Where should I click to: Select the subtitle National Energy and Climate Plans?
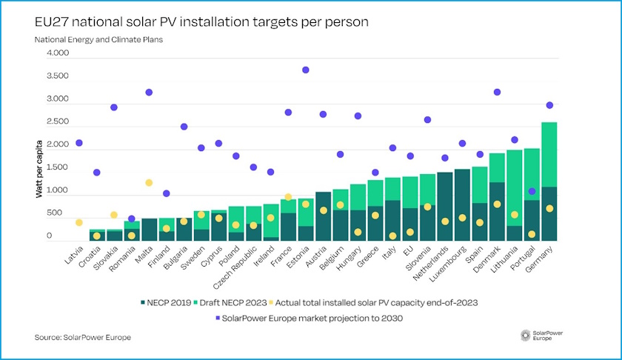[98, 40]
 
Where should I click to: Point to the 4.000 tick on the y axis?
[57, 53]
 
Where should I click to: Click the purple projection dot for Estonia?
[305, 70]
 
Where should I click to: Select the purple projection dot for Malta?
[148, 93]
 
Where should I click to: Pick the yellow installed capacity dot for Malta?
[148, 183]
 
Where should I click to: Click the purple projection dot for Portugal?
[532, 192]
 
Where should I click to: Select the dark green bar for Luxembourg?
[462, 204]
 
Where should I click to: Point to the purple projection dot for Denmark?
[497, 92]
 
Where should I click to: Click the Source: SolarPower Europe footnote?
[82, 338]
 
